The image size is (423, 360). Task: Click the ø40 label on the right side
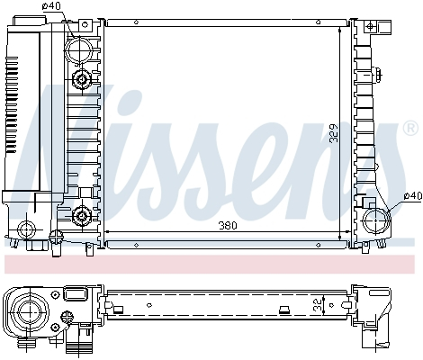pyautogui.click(x=412, y=194)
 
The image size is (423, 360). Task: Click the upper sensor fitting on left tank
pyautogui.click(x=83, y=81)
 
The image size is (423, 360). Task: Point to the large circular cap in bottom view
pyautogui.click(x=28, y=310)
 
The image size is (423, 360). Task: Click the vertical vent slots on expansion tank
pyautogui.click(x=12, y=103)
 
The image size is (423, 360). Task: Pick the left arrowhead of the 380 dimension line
pyautogui.click(x=108, y=232)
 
